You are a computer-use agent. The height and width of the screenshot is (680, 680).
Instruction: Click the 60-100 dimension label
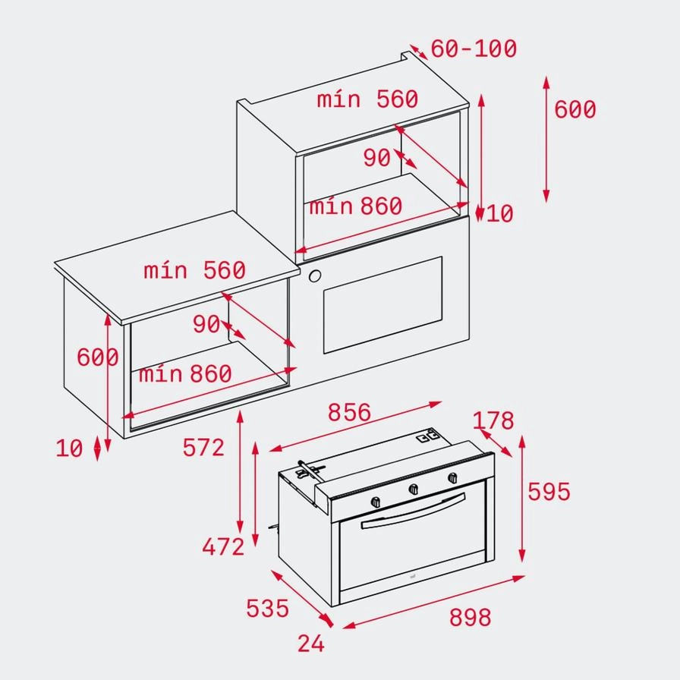474,49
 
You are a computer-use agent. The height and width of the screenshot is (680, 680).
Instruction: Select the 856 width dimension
349,412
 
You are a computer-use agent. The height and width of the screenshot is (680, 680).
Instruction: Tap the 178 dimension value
493,420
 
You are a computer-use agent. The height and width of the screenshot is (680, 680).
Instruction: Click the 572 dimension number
203,448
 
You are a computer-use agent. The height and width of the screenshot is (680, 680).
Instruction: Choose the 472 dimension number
223,546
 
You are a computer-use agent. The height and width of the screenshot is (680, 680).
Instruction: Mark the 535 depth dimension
267,608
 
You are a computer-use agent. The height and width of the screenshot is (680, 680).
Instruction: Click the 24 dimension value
311,644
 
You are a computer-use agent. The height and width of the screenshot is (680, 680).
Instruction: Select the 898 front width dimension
471,618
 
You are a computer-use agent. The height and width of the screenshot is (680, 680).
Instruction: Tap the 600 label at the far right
575,110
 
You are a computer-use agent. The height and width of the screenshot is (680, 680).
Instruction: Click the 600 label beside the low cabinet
98,357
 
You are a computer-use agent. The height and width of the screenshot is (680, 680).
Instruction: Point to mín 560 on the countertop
194,270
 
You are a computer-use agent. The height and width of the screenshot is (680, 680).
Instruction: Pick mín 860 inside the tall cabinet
354,206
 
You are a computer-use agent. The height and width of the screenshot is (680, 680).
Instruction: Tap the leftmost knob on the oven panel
376,502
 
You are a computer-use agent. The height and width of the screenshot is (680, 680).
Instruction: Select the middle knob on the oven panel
414,490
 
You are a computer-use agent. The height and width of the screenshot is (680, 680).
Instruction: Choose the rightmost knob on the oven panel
453,477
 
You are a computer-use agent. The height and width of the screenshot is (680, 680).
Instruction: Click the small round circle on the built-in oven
315,276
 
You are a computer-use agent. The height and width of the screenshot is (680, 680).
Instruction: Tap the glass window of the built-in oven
382,305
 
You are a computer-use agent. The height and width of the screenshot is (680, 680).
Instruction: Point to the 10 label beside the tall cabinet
499,214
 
